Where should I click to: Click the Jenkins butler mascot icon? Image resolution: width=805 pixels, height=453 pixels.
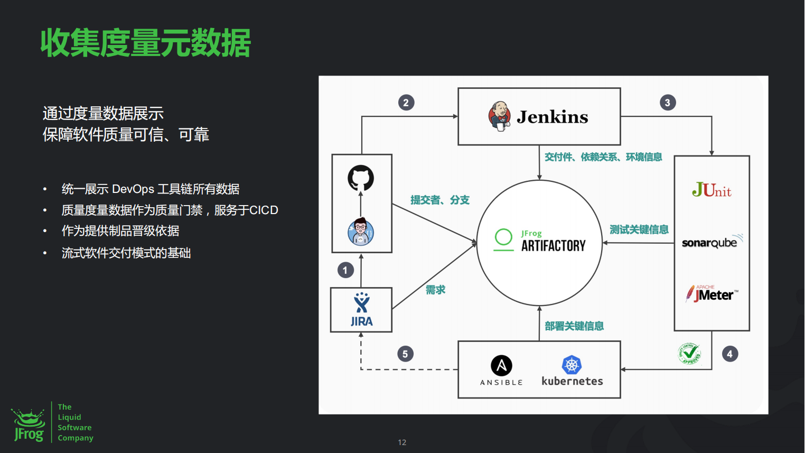click(x=499, y=116)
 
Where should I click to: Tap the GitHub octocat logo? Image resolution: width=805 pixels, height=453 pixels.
click(x=361, y=178)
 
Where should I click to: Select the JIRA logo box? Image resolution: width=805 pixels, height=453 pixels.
click(x=361, y=310)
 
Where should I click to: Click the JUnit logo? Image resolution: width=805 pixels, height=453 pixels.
click(x=712, y=190)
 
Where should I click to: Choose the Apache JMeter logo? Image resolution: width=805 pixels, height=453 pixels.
click(x=712, y=293)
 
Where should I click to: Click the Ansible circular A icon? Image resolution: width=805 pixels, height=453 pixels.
click(x=501, y=365)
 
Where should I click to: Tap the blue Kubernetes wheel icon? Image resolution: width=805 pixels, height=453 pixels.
click(x=572, y=365)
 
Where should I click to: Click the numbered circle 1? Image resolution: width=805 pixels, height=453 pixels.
click(x=345, y=270)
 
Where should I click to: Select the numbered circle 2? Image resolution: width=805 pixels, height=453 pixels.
click(x=406, y=103)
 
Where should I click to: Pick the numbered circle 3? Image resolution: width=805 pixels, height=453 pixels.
click(x=668, y=103)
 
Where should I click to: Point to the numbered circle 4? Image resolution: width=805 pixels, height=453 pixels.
click(x=729, y=354)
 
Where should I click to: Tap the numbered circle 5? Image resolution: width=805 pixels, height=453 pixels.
click(x=405, y=354)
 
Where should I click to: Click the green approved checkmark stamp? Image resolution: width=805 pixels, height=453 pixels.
click(x=690, y=354)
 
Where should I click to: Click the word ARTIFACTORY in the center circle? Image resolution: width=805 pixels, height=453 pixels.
click(x=553, y=246)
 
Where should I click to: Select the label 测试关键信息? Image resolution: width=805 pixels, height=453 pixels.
click(x=639, y=229)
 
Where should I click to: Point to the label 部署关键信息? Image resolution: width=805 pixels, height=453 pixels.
click(x=574, y=326)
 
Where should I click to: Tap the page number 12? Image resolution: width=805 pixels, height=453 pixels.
click(x=402, y=442)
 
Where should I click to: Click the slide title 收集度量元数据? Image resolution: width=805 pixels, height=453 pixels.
click(x=146, y=43)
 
